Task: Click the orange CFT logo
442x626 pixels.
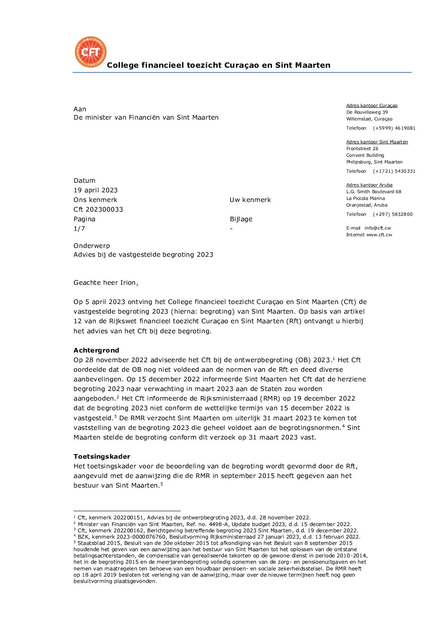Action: [90, 52]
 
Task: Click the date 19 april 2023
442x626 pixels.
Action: [96, 190]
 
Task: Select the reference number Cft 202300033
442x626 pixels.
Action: [98, 210]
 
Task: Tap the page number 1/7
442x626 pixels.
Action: [79, 229]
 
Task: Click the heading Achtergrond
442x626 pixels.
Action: [97, 350]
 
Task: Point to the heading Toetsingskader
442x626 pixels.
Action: [102, 457]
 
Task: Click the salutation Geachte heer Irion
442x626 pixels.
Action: [106, 283]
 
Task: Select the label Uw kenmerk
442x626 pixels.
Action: [250, 200]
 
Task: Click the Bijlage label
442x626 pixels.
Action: [241, 219]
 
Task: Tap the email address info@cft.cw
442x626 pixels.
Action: [378, 228]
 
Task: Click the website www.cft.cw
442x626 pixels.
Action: [379, 235]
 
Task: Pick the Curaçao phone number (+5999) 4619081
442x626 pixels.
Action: [394, 128]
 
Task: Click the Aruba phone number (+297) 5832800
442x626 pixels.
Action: [393, 214]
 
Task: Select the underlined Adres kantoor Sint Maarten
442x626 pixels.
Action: [377, 142]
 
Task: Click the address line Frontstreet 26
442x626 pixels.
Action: [362, 148]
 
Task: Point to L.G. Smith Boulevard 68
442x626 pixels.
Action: [373, 192]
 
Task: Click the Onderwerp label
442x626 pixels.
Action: [92, 246]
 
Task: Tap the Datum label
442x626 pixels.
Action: [84, 181]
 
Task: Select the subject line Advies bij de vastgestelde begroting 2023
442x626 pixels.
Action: [143, 255]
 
